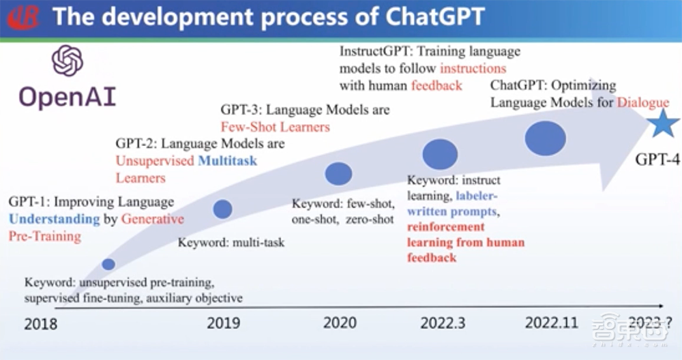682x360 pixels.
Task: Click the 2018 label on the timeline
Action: pos(41,324)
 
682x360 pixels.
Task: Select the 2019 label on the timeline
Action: pos(224,323)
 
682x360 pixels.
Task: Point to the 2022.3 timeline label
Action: pos(443,323)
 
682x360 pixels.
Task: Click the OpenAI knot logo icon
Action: pos(67,61)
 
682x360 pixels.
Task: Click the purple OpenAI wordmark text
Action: pos(67,97)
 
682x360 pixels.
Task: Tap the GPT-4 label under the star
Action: pos(657,160)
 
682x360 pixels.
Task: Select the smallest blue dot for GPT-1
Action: pos(108,264)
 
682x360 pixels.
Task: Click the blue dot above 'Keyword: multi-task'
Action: pos(222,209)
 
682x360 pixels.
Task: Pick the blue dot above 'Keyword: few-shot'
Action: pos(338,174)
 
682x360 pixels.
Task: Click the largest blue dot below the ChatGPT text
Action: pos(545,138)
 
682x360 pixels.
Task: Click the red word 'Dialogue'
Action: pos(643,103)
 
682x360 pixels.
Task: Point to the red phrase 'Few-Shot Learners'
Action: pos(275,127)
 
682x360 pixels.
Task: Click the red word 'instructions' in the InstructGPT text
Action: pos(473,68)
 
